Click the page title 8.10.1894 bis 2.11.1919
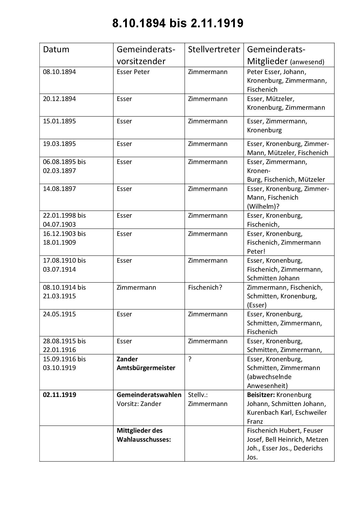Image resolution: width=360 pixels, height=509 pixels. click(x=178, y=24)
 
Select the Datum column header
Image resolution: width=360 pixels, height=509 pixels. click(x=56, y=49)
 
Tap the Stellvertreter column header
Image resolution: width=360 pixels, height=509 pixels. click(x=214, y=49)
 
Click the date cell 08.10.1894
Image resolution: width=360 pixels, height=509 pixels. click(x=59, y=72)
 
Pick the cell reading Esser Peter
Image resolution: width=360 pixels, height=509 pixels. click(x=133, y=72)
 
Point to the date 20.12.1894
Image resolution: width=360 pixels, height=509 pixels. click(x=59, y=99)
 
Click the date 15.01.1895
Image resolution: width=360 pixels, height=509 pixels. click(x=59, y=121)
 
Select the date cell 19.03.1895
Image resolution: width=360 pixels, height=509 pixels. click(x=59, y=144)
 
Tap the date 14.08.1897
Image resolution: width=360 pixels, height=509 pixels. click(x=59, y=189)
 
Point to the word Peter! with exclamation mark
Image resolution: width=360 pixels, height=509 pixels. click(x=256, y=251)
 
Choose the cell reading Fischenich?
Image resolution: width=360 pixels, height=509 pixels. click(x=205, y=288)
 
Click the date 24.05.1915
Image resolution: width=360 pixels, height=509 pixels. click(x=59, y=314)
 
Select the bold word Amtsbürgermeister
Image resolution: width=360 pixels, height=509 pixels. click(x=146, y=368)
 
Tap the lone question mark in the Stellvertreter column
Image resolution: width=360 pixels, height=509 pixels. click(x=190, y=359)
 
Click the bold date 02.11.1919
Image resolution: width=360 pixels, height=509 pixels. click(x=60, y=395)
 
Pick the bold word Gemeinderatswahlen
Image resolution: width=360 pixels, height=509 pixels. click(x=149, y=395)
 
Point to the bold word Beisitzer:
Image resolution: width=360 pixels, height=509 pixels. click(x=261, y=395)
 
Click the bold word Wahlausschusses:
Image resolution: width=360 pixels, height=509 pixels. click(x=144, y=440)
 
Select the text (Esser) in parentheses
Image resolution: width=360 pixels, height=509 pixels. click(x=257, y=305)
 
